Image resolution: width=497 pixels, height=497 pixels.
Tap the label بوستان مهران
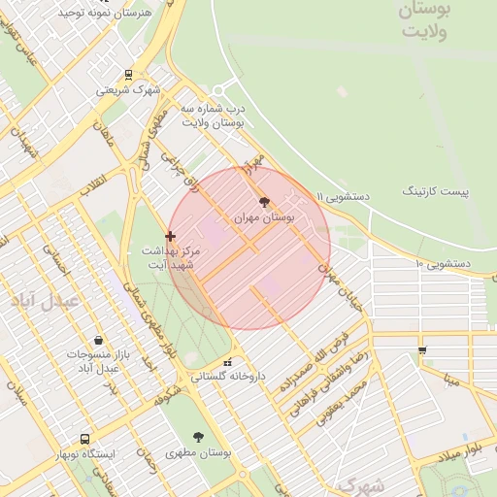click(x=264, y=219)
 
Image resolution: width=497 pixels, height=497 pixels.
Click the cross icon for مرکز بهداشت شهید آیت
click(x=171, y=235)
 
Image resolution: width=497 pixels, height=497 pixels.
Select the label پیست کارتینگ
click(x=435, y=192)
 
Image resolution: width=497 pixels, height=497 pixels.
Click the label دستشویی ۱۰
click(x=443, y=263)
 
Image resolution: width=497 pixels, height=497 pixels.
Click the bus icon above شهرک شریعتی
click(x=129, y=74)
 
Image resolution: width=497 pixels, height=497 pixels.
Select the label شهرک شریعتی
click(x=128, y=90)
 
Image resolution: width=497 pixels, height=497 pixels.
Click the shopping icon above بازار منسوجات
click(x=99, y=340)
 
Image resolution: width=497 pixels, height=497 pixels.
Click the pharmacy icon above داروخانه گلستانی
click(x=228, y=362)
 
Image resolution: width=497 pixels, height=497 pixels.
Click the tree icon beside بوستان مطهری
click(x=198, y=438)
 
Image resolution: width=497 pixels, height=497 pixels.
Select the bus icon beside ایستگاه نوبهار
click(x=85, y=439)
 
